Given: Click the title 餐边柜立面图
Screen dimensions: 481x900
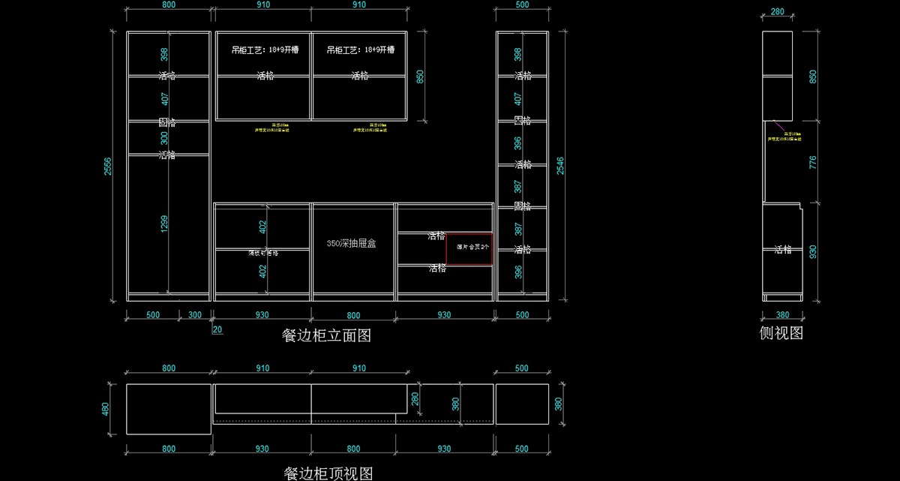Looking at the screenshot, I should point(326,335).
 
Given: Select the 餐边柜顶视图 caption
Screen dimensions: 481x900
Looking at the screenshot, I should point(328,473).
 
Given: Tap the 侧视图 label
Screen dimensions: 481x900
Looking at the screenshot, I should point(781,333).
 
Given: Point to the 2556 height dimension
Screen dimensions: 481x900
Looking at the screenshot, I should point(108,167).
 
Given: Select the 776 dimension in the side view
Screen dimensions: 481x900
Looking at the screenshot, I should point(813,162).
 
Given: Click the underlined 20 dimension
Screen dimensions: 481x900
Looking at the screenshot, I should point(217,329).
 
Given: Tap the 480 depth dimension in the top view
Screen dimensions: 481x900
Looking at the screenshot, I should point(106,409).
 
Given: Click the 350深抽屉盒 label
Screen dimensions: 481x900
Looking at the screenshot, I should point(351,244).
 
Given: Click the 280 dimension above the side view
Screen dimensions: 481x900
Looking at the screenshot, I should point(777,11).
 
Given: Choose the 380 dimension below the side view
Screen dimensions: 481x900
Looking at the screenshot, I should point(782,315).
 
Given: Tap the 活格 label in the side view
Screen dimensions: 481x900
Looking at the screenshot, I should point(783,250).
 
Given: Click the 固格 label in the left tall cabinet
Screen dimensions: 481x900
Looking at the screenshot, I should point(166,122).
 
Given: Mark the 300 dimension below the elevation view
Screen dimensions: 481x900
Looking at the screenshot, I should point(195,315).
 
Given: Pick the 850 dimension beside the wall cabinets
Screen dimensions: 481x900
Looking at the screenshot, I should point(421,77).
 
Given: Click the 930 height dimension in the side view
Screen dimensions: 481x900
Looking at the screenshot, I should point(813,251).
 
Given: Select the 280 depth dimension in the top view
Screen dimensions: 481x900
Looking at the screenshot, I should point(414,397).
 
